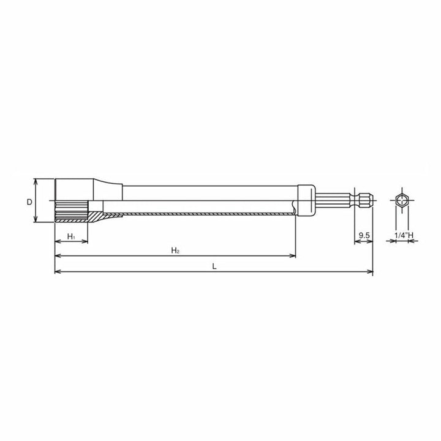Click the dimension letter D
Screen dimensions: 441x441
pyautogui.click(x=29, y=202)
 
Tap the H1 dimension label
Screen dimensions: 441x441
pyautogui.click(x=70, y=236)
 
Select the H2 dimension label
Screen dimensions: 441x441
pyautogui.click(x=175, y=251)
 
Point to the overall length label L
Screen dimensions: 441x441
pyautogui.click(x=213, y=266)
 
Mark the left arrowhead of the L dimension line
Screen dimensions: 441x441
pyautogui.click(x=58, y=271)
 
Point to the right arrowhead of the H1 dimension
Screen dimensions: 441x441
pyautogui.click(x=85, y=241)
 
